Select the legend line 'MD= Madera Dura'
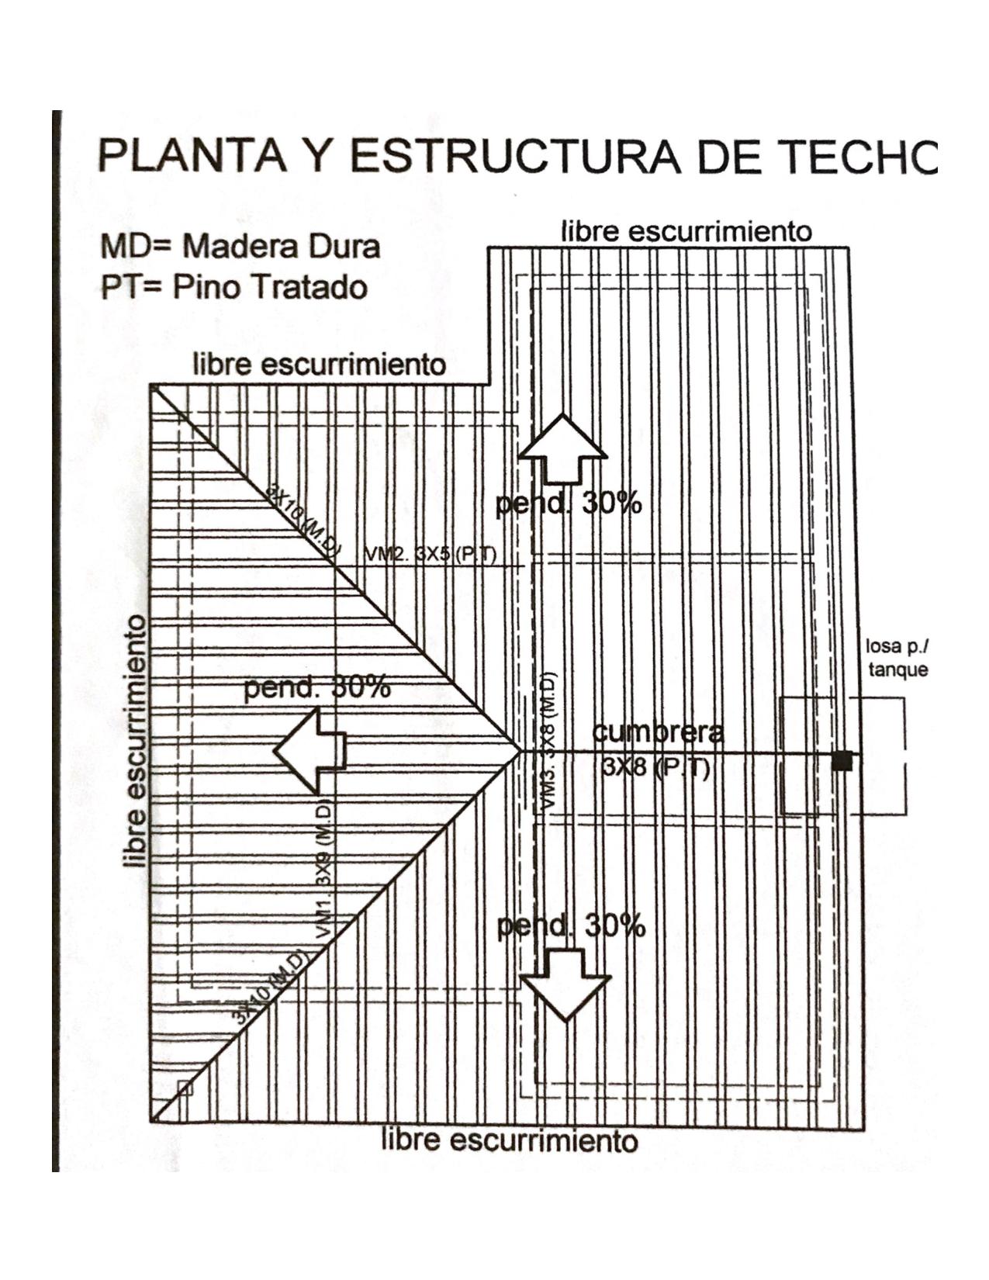tap(240, 247)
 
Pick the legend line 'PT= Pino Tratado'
tap(234, 288)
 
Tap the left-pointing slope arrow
tap(310, 751)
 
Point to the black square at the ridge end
tap(842, 761)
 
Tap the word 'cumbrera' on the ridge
tap(658, 732)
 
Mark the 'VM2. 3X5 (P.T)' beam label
tap(431, 555)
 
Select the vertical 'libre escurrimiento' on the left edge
tap(136, 741)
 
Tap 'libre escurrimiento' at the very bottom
tap(510, 1140)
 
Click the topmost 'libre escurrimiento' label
tap(686, 231)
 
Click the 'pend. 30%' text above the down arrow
tap(571, 925)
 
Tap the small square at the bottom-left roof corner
tap(185, 1088)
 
